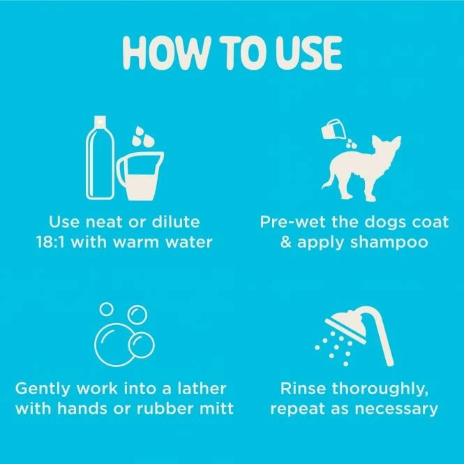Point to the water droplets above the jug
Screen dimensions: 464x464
pos(143,137)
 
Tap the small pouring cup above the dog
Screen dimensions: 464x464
pos(334,128)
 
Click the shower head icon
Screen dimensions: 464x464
pos(359,336)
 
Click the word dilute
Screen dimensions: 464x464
pos(176,222)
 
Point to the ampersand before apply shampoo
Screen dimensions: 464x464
pos(286,242)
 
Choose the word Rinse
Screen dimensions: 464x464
pos(304,388)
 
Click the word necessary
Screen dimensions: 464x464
pos(396,410)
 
